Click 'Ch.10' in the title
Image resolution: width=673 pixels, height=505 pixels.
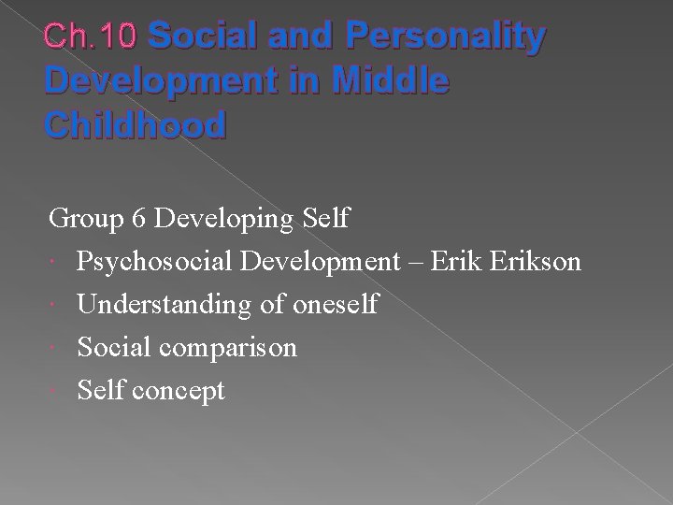click(x=91, y=36)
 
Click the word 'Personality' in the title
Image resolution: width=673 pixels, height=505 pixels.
click(x=445, y=36)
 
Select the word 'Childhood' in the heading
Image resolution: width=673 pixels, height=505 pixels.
click(x=135, y=124)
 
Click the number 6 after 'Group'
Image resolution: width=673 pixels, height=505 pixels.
click(x=138, y=219)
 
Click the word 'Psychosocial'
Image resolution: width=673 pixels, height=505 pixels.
click(x=154, y=262)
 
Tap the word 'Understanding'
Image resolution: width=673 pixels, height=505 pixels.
click(x=164, y=305)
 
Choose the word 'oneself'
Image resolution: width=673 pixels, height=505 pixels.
click(x=335, y=305)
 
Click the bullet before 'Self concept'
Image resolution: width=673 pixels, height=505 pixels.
click(x=55, y=391)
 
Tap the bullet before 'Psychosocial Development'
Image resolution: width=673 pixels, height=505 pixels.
click(x=55, y=262)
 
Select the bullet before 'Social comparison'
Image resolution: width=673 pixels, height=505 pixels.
click(x=55, y=348)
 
